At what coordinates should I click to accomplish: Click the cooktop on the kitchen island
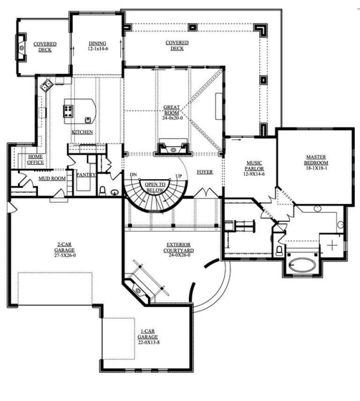pos(68,111)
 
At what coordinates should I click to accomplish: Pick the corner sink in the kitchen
pos(46,85)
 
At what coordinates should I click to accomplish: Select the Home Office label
pos(36,159)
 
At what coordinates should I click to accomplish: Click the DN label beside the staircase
pos(133,175)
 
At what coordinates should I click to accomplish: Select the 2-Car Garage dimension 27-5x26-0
pos(66,255)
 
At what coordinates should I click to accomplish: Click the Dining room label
pos(98,45)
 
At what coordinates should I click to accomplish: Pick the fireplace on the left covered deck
pos(21,47)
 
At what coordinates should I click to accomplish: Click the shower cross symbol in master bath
pos(332,244)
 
